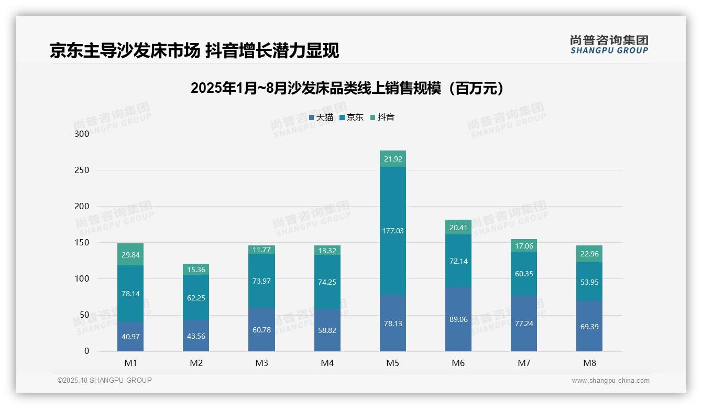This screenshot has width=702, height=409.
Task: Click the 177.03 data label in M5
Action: click(x=393, y=231)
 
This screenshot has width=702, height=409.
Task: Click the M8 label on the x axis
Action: click(x=589, y=363)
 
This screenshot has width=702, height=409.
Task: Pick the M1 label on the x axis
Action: click(x=130, y=363)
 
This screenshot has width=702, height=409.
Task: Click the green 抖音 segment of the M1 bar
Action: click(x=130, y=254)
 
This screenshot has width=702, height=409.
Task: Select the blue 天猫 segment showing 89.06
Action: click(x=458, y=319)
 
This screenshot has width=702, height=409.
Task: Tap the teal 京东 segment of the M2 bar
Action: click(x=196, y=297)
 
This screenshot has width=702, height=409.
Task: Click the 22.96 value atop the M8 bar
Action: click(x=589, y=254)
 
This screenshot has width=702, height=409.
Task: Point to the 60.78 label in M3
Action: click(x=261, y=329)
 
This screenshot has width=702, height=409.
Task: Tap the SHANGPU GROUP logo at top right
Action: click(x=609, y=45)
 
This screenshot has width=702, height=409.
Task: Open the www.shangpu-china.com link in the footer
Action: click(x=610, y=381)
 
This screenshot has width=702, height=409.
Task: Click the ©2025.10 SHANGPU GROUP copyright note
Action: click(x=105, y=380)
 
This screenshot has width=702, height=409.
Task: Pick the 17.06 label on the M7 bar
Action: click(x=524, y=246)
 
